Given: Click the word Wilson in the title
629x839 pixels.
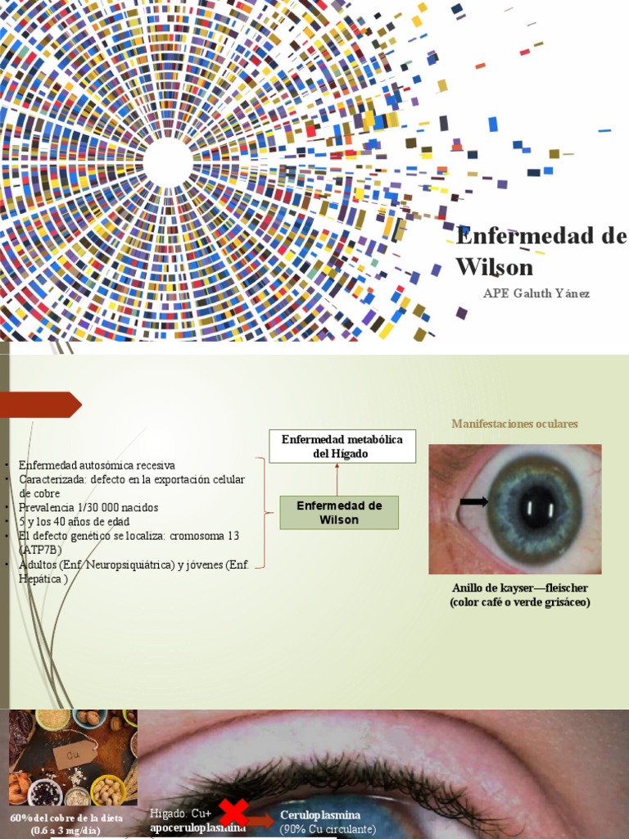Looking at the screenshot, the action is [494, 267].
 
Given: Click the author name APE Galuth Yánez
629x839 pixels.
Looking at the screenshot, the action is [536, 293].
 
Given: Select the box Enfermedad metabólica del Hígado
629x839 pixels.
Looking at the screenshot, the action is [342, 447].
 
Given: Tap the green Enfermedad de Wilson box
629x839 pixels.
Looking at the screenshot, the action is [339, 513].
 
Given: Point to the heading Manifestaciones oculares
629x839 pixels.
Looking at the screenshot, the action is [514, 424].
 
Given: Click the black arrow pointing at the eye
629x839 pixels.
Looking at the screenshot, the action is [473, 502].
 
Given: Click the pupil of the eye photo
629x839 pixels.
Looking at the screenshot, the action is [537, 506].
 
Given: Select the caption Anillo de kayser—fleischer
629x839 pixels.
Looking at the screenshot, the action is [520, 588].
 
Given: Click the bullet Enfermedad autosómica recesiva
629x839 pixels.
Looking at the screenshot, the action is [97, 465].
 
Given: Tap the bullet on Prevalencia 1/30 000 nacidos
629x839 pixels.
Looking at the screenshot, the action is [88, 507].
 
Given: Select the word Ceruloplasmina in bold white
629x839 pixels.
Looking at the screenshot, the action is [320, 815].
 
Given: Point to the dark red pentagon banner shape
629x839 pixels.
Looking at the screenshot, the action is [41, 405].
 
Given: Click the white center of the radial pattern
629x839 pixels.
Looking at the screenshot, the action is [168, 161].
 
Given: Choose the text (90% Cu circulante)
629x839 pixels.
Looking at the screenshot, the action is [328, 829].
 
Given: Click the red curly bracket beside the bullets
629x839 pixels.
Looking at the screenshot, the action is [267, 515].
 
